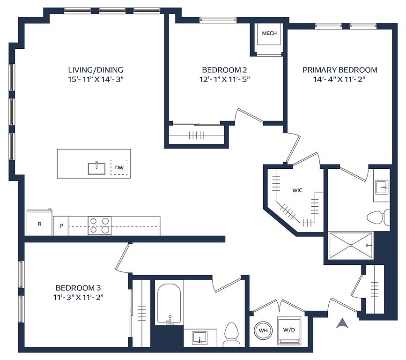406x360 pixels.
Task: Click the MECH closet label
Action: coord(269,33)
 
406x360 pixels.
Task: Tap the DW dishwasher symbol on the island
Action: coord(119,167)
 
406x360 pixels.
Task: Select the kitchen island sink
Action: coord(96,168)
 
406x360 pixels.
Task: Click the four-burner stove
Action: coord(100,225)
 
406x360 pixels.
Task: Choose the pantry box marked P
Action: coord(61,226)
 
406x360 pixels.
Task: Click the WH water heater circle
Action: coord(263,330)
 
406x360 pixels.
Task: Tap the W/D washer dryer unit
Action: coord(289,330)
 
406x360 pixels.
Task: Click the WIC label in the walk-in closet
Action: coord(297,190)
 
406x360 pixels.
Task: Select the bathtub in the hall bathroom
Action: coord(169,303)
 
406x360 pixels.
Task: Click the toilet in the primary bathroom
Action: coord(378,217)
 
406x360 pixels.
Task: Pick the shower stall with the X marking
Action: coord(351,245)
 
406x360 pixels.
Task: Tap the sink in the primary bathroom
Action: coord(382,187)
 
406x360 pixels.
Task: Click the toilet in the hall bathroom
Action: coord(231,335)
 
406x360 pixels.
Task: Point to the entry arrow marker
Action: coord(342,323)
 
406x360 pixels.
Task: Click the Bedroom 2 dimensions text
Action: coord(224,79)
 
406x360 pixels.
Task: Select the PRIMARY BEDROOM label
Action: coord(340,70)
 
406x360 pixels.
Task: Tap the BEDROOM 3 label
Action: coord(78,288)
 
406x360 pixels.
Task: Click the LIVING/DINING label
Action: coord(96,70)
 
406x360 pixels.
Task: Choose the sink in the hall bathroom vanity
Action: coord(199,338)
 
